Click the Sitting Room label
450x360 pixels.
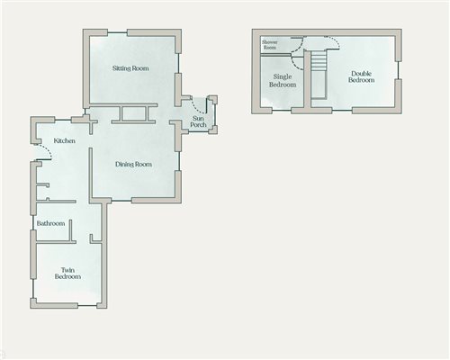click(130, 68)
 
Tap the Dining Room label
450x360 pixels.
click(133, 165)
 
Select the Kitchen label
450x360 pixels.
click(63, 141)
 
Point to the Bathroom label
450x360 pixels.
click(50, 223)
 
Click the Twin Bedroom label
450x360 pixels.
click(71, 274)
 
